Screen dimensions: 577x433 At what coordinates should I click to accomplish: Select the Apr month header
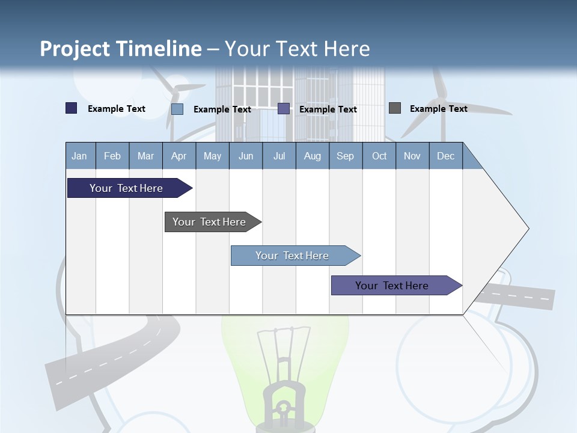179,156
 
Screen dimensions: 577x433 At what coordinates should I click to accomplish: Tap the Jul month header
279,156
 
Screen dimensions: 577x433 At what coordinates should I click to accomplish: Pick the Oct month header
379,156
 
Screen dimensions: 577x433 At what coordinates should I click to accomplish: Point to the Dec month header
445,156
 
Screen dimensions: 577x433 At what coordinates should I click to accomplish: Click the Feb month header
112,156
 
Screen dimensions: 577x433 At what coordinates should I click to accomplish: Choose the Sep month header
346,156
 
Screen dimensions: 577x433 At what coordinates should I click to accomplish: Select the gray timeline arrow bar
213,222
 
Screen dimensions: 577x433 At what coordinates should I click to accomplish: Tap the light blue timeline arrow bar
296,256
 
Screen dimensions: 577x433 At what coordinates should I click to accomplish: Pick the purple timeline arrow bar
397,285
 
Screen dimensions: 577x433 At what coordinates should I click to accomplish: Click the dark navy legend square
71,108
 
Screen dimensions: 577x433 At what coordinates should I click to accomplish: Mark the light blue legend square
177,109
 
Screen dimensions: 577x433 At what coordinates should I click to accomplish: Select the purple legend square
283,109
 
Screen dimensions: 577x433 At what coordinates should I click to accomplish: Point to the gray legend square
395,108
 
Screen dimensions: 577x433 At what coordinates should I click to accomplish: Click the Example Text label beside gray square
439,109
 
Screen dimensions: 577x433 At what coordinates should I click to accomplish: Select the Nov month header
412,156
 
